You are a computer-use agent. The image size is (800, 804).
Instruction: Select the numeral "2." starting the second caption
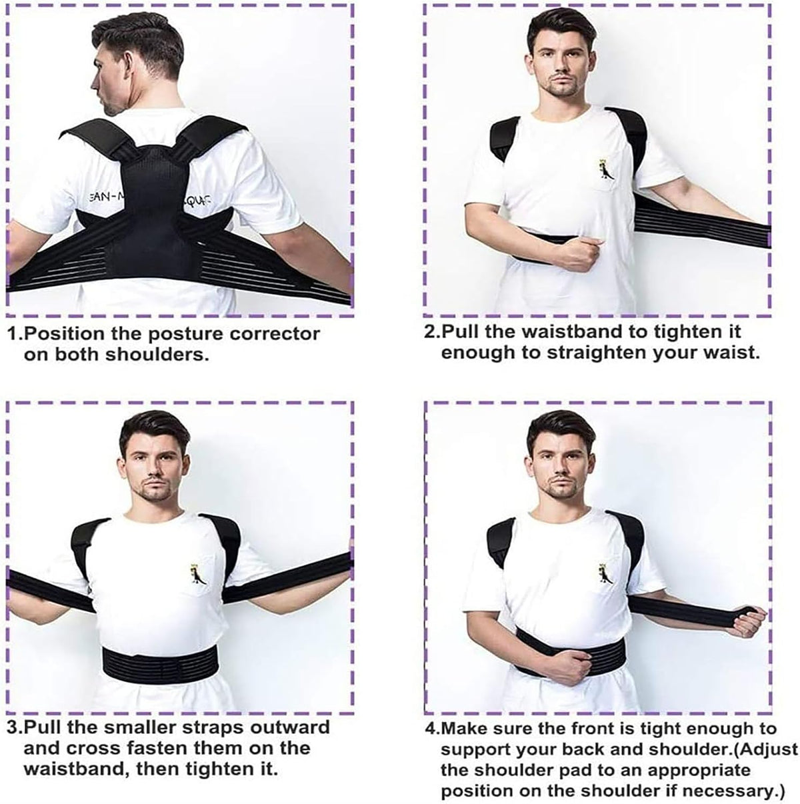click(433, 332)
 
